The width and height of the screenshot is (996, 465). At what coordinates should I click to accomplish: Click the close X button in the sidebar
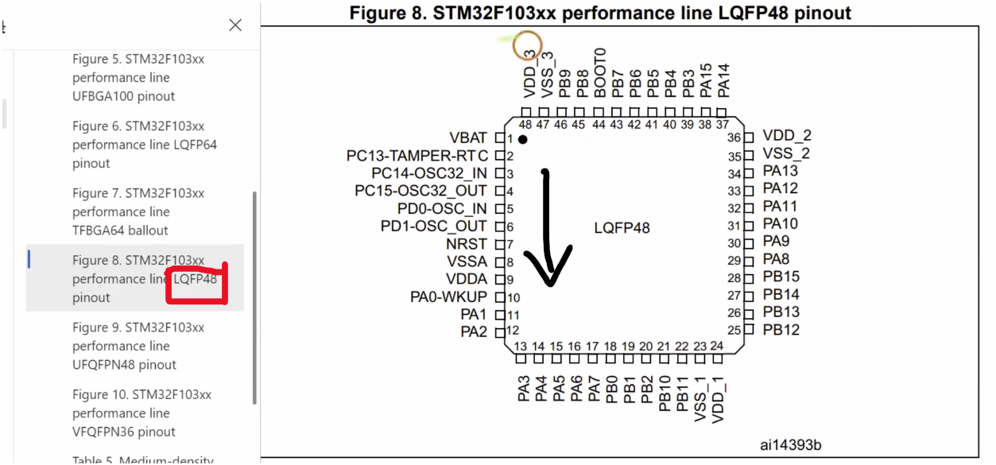coord(235,25)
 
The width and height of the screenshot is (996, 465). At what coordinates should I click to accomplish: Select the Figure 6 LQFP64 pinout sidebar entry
coord(145,145)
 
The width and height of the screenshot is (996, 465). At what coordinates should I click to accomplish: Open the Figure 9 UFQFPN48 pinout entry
coord(138,346)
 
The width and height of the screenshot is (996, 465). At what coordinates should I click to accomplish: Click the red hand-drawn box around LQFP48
coord(196,283)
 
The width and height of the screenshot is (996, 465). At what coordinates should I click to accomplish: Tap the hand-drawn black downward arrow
coord(548,231)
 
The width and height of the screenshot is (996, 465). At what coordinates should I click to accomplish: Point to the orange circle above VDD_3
coord(526,46)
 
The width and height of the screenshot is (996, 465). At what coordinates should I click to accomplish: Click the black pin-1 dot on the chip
coord(523,140)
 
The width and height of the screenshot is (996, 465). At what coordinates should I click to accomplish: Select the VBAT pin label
coord(468,138)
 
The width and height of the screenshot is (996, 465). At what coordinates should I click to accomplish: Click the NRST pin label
coord(467,244)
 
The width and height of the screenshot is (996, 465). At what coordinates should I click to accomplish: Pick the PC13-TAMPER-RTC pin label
coord(417,156)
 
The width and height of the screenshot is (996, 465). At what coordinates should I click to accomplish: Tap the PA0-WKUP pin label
coord(448,296)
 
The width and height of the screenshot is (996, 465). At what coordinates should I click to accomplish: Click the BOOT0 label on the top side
coord(600,72)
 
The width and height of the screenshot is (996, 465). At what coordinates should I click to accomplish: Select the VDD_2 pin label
coord(787,136)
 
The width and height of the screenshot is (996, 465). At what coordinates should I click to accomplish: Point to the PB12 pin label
coord(781,330)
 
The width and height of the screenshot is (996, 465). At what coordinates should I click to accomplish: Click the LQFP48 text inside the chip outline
coord(622,228)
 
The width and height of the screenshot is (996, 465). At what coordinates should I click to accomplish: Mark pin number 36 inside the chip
coord(734,138)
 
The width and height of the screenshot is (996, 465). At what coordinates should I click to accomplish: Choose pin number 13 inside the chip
coord(521,346)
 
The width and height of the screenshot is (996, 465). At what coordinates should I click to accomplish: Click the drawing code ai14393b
coord(791,444)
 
